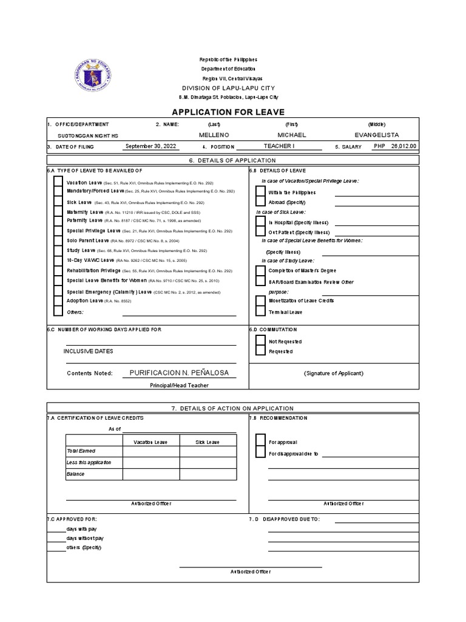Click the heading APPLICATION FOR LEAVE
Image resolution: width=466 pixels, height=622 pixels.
coord(228,112)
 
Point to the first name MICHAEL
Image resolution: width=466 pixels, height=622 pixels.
coord(292,135)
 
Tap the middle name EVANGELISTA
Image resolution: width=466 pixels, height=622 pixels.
coord(377,135)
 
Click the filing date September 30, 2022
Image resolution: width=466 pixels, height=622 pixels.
coord(150,146)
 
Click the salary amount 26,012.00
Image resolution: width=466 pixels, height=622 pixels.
coord(404,146)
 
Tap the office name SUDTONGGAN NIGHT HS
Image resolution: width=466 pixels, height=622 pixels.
coord(84,135)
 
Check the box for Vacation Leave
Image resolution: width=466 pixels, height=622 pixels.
coord(58,182)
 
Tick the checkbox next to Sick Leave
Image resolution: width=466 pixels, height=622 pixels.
coord(58,202)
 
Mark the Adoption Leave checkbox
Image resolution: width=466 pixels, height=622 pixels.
coord(58,301)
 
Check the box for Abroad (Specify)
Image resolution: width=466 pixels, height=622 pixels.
coord(260,202)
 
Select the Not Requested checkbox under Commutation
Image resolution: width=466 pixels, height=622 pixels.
coord(260,341)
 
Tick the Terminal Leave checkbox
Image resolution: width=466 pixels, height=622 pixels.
coord(260,312)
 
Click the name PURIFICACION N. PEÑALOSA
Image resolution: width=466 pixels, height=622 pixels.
coord(180,372)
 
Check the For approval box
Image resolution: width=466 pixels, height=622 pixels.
coord(260,442)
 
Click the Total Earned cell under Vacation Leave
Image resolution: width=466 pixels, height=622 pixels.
coord(151,451)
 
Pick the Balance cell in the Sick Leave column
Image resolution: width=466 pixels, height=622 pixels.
coord(208,474)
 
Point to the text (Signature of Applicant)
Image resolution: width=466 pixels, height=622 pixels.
coord(333,373)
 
